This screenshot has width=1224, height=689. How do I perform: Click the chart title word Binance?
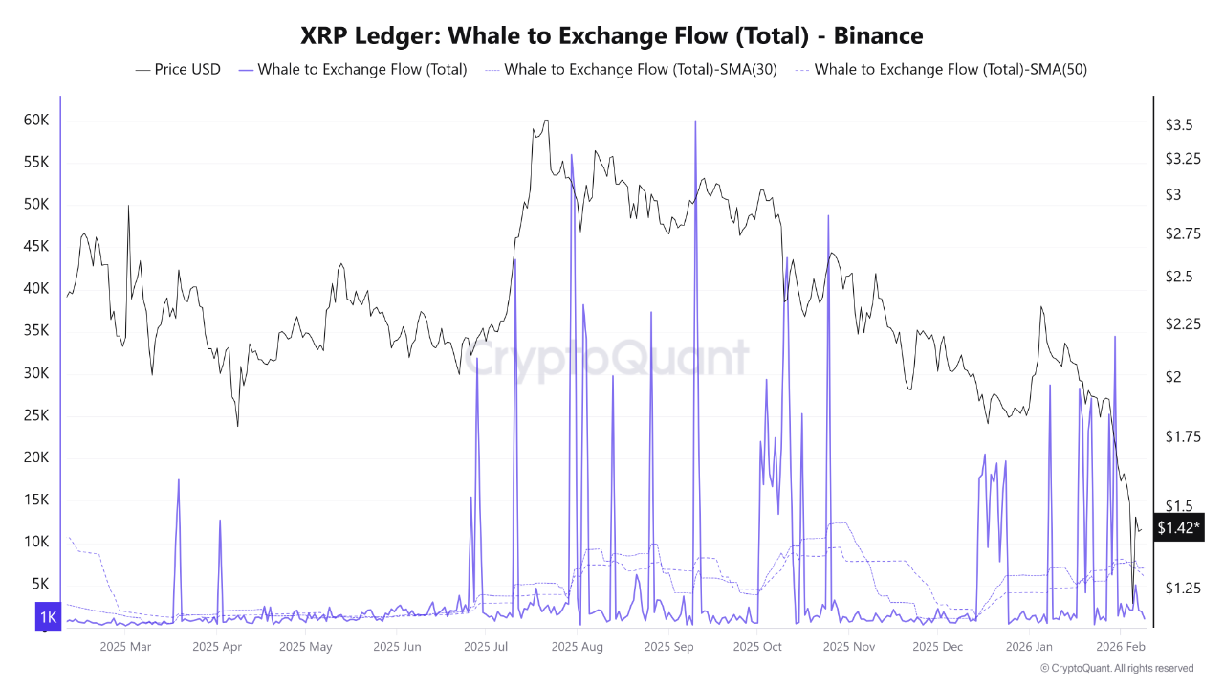[878, 36]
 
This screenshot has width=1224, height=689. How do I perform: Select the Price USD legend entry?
[187, 69]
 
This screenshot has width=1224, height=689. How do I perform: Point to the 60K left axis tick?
[36, 120]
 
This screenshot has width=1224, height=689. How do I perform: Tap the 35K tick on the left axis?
[36, 330]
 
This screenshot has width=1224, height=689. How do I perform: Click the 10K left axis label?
[36, 541]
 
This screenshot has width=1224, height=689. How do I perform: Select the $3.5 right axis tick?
[1178, 125]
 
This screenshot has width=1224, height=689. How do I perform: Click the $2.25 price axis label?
[1183, 324]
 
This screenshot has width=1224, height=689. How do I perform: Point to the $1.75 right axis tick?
[1183, 436]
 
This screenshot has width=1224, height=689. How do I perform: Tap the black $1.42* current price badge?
[1179, 527]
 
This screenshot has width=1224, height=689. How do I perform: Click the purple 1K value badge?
[47, 617]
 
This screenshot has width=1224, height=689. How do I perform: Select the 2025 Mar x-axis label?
[125, 647]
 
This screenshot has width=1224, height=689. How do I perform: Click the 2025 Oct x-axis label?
[757, 647]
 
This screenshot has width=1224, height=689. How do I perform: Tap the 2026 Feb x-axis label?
[1121, 647]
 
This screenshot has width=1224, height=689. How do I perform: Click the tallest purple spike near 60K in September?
[695, 122]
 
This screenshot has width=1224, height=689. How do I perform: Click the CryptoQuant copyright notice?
[1116, 668]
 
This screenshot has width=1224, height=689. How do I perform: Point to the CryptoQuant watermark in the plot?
[607, 359]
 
